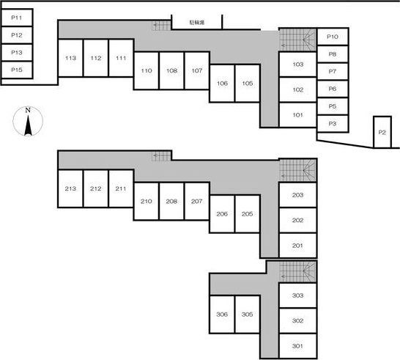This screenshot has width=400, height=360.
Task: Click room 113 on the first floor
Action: tap(70, 58)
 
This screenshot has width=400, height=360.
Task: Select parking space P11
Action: tap(17, 18)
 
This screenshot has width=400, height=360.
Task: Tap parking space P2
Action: tap(382, 132)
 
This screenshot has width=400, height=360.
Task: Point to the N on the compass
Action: tap(28, 110)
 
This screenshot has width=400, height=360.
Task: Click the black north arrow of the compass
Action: tap(28, 125)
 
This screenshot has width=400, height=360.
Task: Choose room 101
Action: tap(297, 115)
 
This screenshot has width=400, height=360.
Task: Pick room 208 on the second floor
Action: tap(171, 201)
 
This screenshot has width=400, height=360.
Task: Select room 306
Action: tap(222, 315)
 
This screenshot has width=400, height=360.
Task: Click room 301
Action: tap(297, 346)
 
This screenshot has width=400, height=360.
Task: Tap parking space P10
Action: tap(333, 37)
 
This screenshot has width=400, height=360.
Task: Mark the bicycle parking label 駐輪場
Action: tap(196, 23)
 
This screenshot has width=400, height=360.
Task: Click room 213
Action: tap(70, 188)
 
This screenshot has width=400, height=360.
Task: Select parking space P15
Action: tap(17, 70)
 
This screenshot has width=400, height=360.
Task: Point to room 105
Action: tap(248, 84)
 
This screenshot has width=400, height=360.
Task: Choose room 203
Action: tap(297, 195)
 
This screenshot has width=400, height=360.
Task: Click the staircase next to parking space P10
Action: tap(297, 40)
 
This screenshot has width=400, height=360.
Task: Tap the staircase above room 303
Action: tap(297, 272)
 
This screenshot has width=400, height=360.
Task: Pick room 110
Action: tap(147, 70)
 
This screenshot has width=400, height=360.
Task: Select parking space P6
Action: tap(333, 89)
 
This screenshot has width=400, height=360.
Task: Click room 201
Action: tap(297, 246)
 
